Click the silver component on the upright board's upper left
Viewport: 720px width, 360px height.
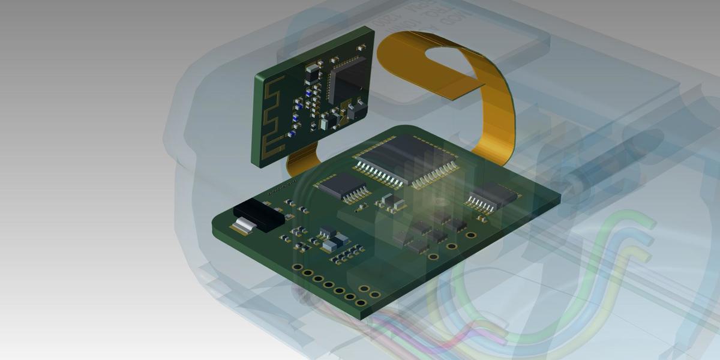[312, 68]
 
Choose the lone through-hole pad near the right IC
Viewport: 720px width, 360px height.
[471, 235]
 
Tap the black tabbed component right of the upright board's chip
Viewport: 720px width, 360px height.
[355, 110]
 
